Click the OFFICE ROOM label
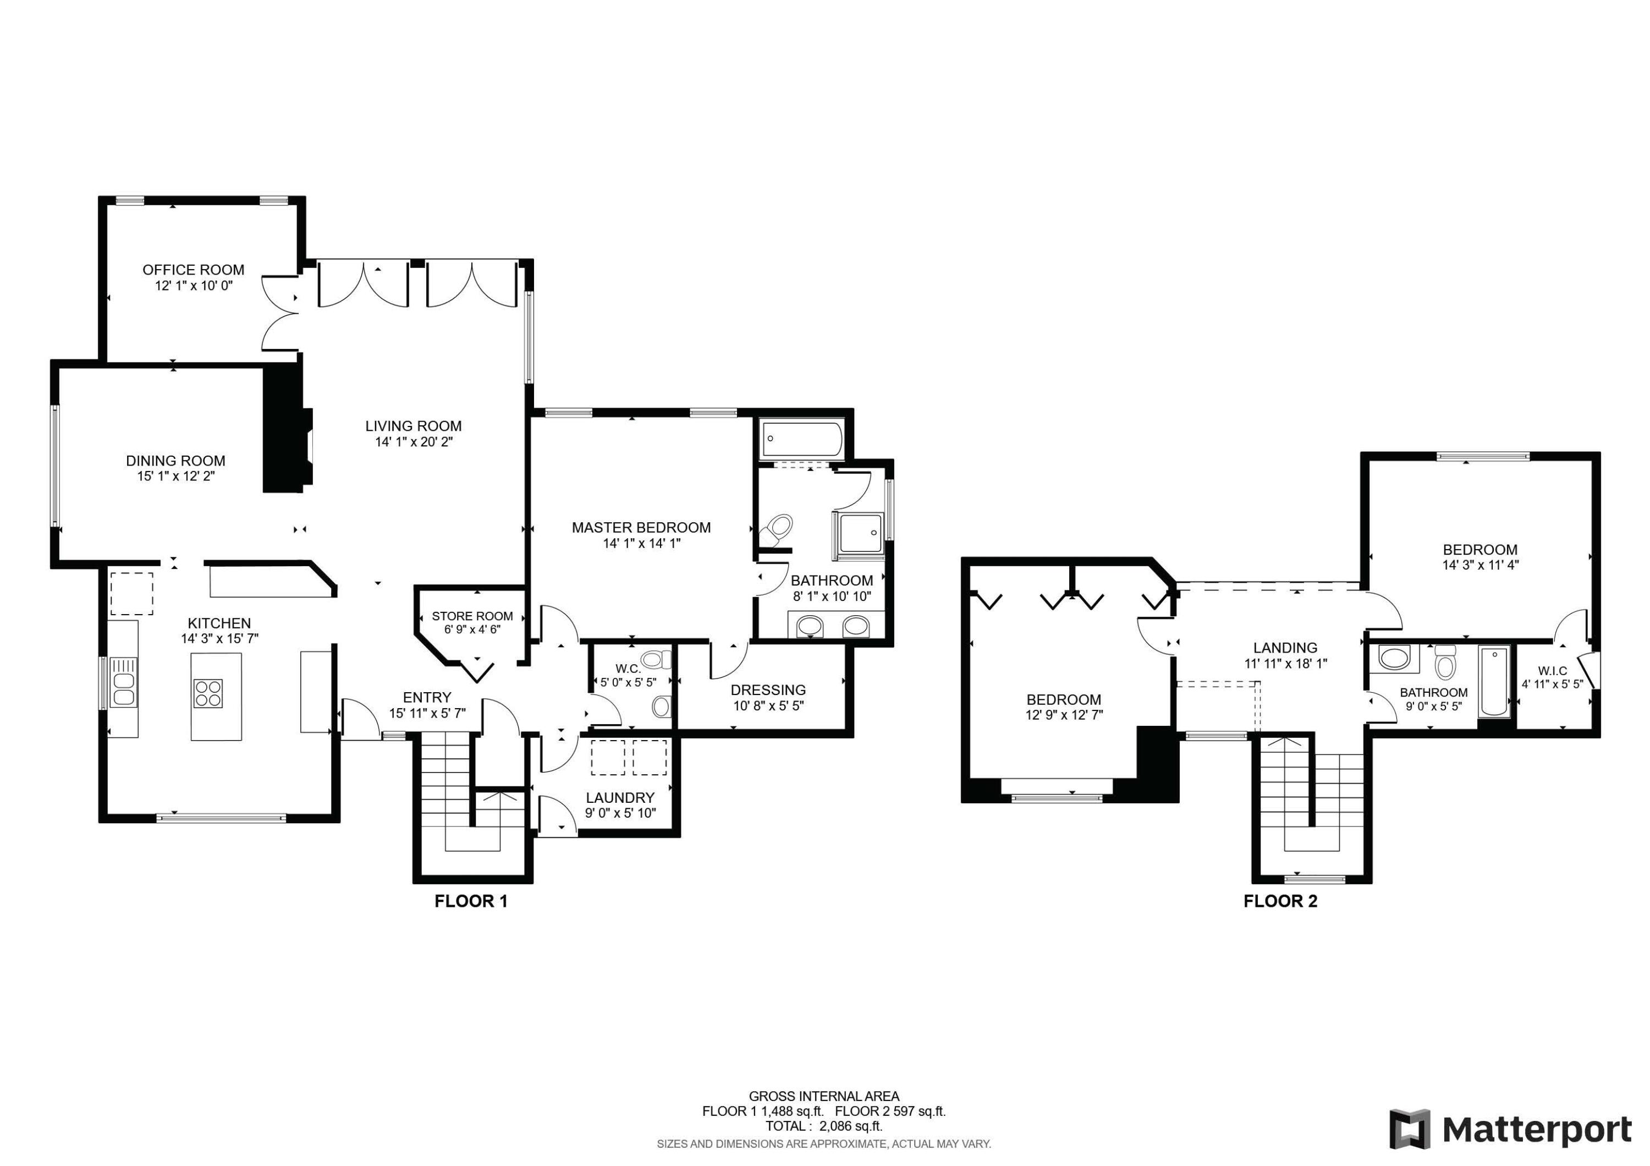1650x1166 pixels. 193,270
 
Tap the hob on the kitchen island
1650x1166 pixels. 208,694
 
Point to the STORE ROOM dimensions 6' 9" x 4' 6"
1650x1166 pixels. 472,629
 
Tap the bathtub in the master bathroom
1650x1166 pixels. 802,440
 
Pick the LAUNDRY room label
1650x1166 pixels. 619,798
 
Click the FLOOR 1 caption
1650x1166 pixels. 471,901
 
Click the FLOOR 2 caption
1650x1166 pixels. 1280,901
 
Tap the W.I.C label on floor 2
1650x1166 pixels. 1552,671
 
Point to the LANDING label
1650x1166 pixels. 1285,648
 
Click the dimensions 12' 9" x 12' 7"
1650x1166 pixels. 1064,715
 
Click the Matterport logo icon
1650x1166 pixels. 1409,1129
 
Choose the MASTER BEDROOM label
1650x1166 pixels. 641,528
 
